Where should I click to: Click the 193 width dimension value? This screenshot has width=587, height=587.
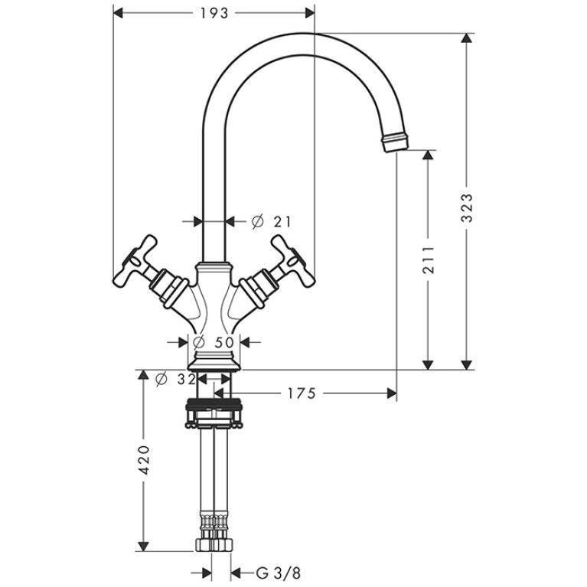pos(214,13)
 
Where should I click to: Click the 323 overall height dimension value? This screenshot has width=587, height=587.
pos(467,207)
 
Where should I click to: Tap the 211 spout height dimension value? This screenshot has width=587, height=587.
pos(429,259)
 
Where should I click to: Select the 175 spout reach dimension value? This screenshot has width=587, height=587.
pos(302,393)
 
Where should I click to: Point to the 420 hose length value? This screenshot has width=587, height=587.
pos(145,460)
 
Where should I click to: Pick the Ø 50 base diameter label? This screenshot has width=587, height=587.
pos(214,342)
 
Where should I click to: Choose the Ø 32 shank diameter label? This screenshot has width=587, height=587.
pos(175,380)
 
